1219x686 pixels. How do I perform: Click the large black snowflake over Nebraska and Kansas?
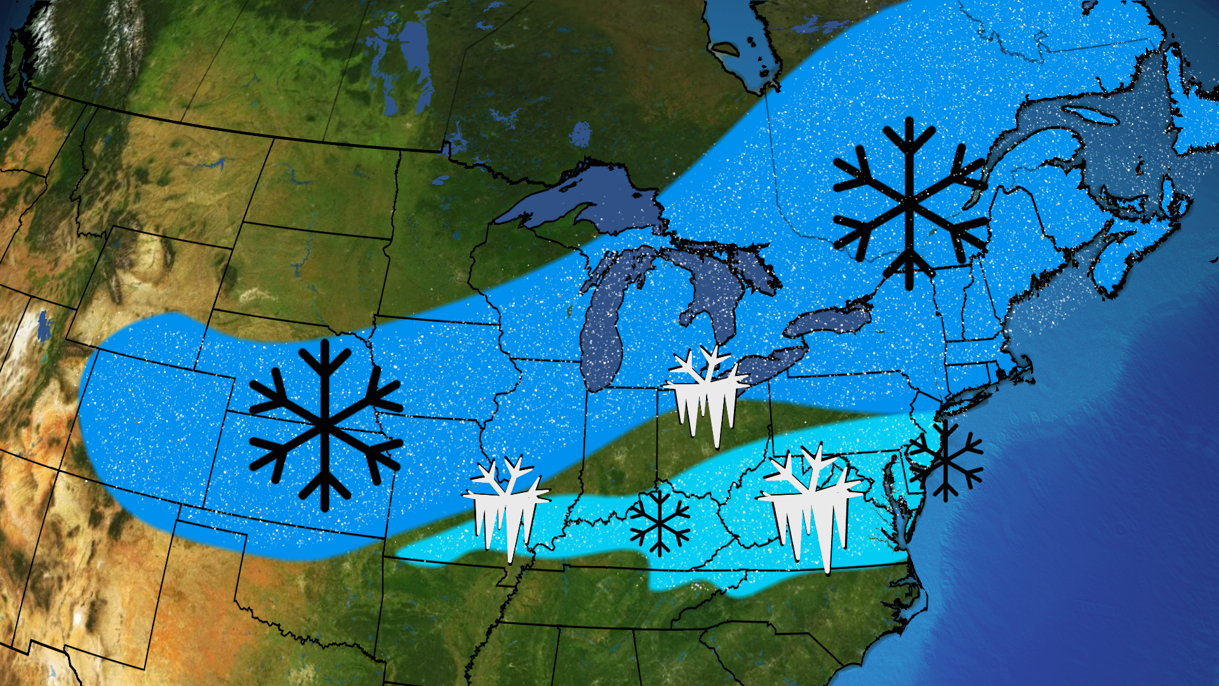(326, 424)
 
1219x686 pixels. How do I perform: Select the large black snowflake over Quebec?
(909, 203)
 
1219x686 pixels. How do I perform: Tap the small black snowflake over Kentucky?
(660, 522)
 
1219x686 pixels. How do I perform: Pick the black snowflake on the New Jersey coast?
(946, 461)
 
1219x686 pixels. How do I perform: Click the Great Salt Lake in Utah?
(43, 324)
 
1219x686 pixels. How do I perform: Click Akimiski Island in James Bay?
(724, 48)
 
